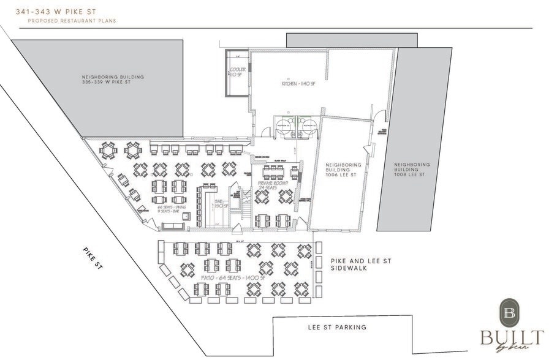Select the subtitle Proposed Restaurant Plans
point(72,21)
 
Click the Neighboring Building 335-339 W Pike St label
point(113,80)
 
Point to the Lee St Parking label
point(337,327)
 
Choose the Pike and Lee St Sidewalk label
point(360,264)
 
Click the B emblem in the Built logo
point(510,313)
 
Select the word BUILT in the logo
point(512,337)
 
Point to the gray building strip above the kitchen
point(352,40)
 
